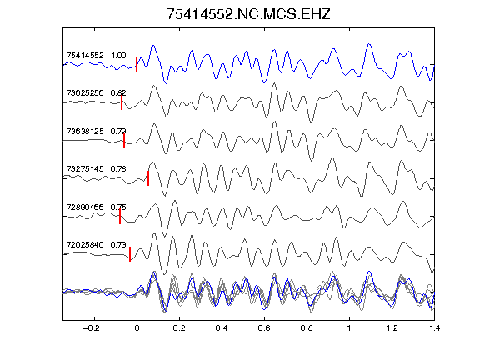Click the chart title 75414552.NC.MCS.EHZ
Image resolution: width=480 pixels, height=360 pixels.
point(248,14)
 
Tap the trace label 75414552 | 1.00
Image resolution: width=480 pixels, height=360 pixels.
point(96,55)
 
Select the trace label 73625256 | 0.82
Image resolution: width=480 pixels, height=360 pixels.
point(96,92)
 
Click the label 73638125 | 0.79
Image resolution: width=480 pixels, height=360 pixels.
point(96,132)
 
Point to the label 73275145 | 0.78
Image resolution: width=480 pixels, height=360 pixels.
point(96,168)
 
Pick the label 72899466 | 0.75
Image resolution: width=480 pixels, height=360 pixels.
point(96,207)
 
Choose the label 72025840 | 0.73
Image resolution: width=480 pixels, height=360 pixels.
point(96,245)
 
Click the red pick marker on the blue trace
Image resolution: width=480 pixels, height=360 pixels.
point(137,64)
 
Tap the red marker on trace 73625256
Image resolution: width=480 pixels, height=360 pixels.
point(122,102)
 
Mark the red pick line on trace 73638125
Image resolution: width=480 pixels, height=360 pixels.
point(124,141)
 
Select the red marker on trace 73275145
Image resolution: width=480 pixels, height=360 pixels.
point(148,178)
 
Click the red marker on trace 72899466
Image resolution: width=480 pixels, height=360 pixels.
point(120,217)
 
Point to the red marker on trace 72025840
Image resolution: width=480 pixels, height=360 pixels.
point(130,254)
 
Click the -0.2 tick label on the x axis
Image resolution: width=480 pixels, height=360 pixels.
point(91,328)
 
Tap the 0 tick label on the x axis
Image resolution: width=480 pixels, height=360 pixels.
point(137,328)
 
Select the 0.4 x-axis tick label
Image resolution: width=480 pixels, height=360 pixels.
point(222,328)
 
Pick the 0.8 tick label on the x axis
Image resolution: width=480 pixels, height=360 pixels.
point(307,328)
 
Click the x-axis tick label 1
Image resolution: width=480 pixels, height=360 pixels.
point(349,328)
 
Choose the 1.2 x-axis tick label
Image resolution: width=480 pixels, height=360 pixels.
point(392,328)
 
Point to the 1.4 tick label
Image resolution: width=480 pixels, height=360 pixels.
point(434,328)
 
